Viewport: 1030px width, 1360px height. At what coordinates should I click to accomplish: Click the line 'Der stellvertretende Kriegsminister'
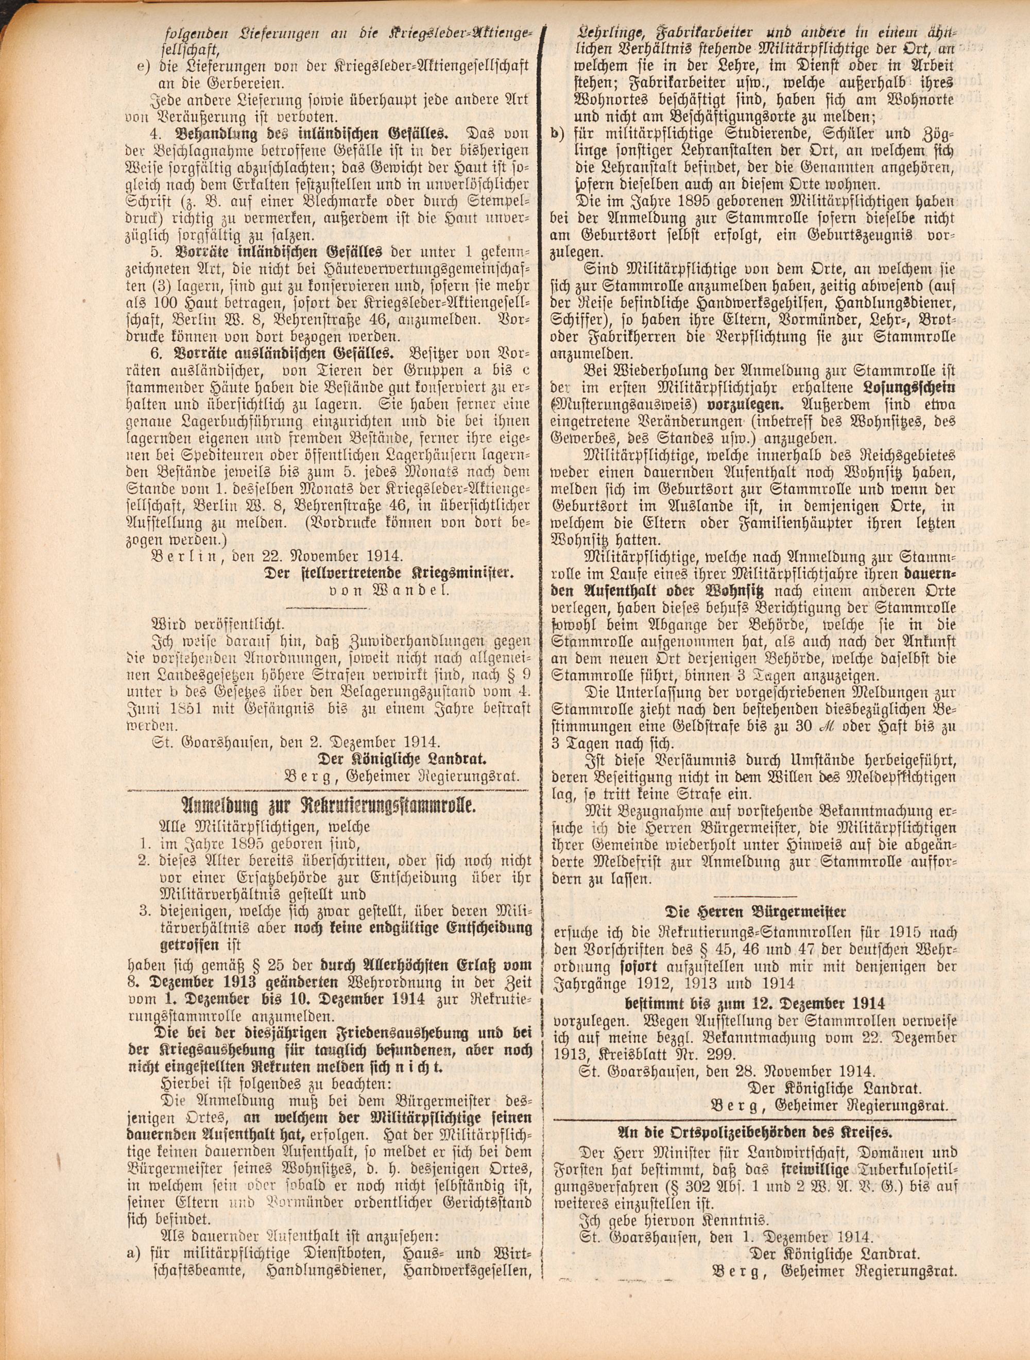389,573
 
